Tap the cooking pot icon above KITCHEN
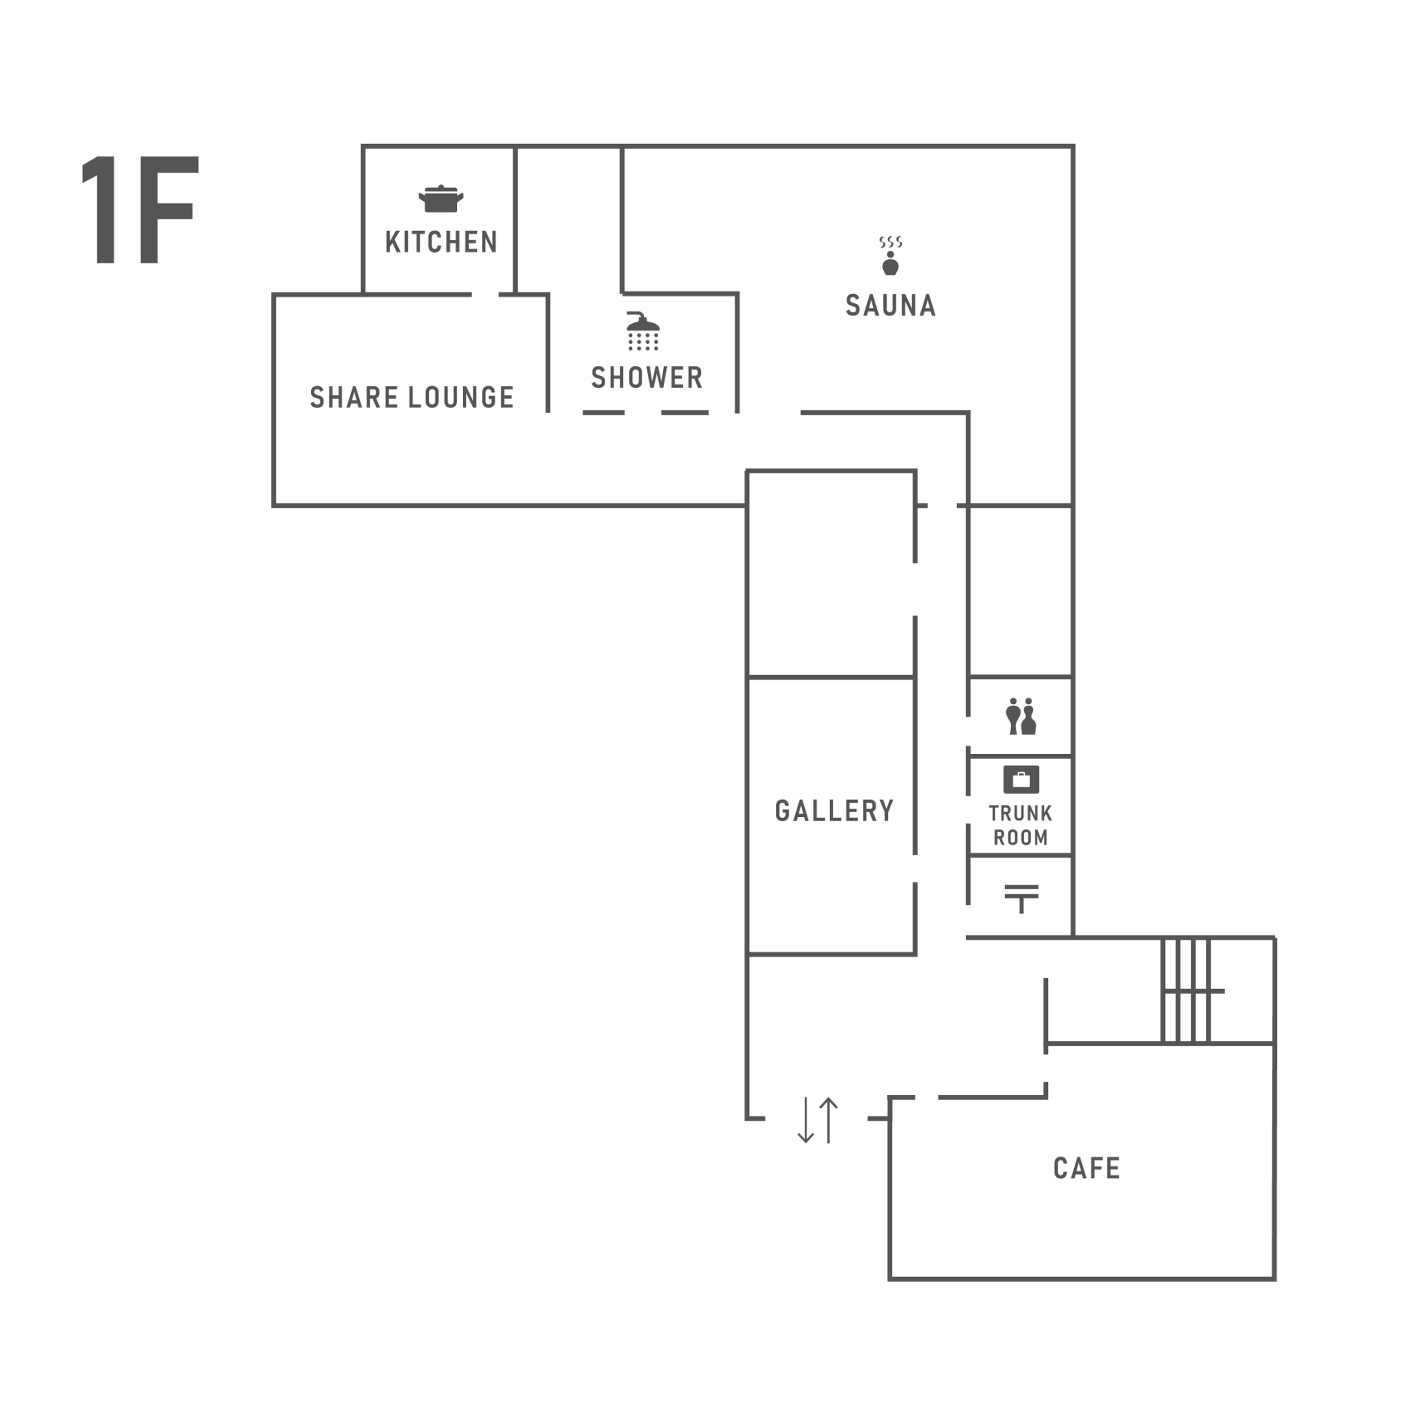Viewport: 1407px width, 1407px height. coord(440,199)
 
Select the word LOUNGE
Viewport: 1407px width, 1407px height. coord(461,398)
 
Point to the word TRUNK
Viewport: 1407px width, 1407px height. coord(1020,813)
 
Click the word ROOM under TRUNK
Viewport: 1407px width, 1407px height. coord(1020,838)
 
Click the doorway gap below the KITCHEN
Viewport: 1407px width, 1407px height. coord(485,295)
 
